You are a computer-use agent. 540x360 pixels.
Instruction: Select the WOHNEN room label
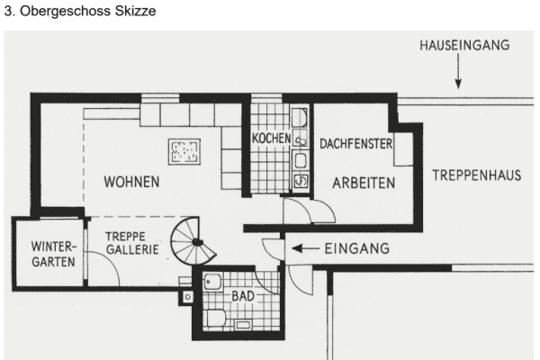point(131,182)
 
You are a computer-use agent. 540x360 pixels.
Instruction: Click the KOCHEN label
point(271,139)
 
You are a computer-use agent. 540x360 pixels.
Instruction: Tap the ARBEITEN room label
point(364,182)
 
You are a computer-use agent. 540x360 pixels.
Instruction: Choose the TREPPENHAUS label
point(476,175)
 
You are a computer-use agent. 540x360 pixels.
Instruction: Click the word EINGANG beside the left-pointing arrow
point(356,249)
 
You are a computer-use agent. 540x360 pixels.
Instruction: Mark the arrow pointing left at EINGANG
point(307,249)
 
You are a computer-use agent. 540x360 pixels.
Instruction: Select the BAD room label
point(243,295)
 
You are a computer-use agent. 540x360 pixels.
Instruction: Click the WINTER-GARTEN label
point(51,255)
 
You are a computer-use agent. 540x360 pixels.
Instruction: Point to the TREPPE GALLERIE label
point(131,243)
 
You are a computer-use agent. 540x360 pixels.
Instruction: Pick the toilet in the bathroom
point(216,318)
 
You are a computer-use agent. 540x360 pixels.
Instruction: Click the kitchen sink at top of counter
point(301,118)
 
